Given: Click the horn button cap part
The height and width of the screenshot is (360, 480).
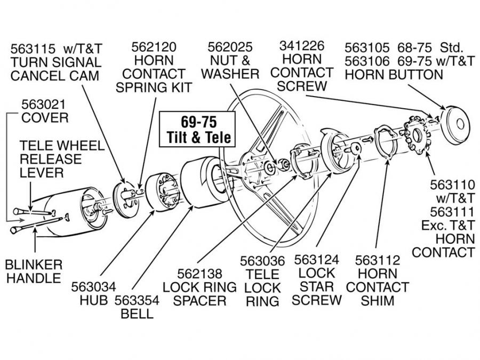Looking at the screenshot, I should coord(456,124).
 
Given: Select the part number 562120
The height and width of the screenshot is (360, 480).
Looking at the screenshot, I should coord(154,47).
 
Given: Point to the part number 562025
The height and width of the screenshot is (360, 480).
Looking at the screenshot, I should coord(230,47).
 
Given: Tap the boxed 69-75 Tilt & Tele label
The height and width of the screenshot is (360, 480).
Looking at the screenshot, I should coord(197,130).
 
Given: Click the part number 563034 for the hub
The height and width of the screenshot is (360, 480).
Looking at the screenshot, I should coord(94,287).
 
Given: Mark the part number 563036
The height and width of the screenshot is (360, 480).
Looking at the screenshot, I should coord(262,261).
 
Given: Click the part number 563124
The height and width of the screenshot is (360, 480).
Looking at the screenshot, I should coord(317,261).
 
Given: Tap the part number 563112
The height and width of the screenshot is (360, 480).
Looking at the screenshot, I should coord(377,260).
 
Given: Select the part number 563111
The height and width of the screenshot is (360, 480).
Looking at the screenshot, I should coord(452,212).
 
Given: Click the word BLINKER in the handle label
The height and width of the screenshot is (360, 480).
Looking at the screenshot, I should coord(34,265).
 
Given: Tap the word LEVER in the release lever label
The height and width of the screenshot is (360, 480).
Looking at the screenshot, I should coord(42,173).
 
